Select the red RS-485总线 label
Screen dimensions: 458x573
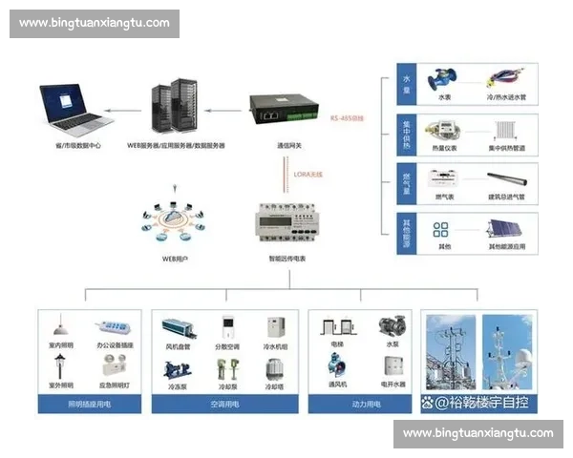pos(349,118)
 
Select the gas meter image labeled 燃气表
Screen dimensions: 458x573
pos(444,178)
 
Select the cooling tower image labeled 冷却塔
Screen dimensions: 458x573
pos(275,368)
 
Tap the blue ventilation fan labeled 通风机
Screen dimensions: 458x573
pos(337,368)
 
